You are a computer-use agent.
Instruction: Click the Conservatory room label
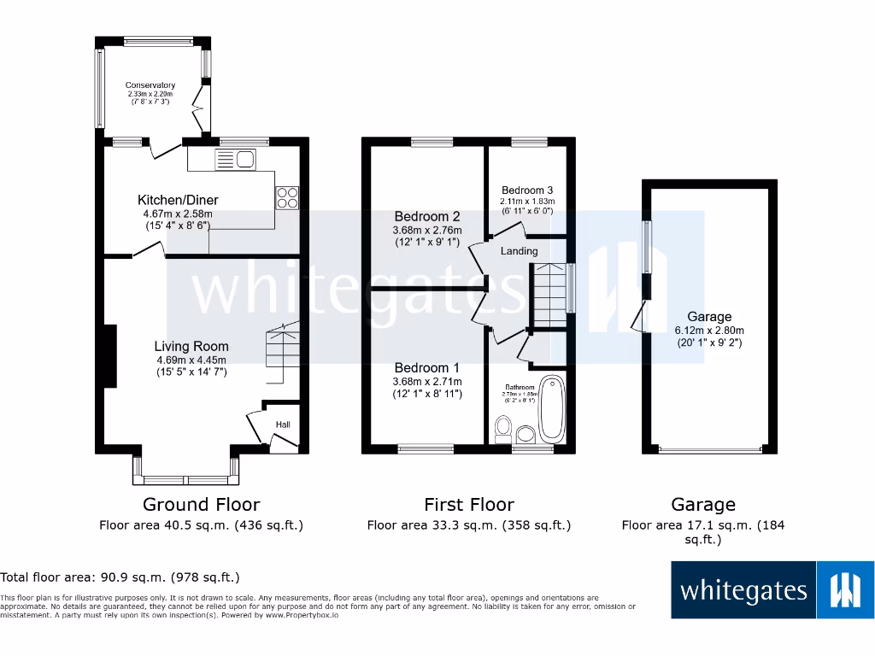coord(150,85)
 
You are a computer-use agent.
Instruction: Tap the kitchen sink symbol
coord(235,158)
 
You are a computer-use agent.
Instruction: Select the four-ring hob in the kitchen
coord(287,197)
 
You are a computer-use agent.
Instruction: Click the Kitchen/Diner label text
coord(179,200)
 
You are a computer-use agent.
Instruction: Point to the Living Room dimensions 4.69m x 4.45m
coord(191,360)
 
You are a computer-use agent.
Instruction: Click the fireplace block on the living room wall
coord(110,357)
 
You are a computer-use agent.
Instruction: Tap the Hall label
coord(283,425)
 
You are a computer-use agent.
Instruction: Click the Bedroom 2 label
coord(427,216)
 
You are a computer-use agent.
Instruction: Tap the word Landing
coord(519,251)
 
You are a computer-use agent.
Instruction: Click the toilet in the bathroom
coord(503,426)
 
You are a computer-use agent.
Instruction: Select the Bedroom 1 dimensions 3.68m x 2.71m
coord(427,381)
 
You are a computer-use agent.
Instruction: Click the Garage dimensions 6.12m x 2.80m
coord(709,331)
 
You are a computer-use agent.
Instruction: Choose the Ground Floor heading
coord(201,505)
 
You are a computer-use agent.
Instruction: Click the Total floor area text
coord(120,577)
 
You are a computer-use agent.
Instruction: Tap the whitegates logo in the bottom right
coord(772,589)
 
